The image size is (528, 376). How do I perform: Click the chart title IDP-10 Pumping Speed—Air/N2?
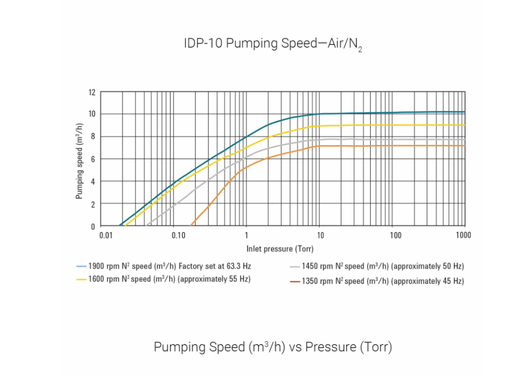273,44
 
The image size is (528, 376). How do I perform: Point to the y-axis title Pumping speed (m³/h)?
80,159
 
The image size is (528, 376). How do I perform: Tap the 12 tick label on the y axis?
92,92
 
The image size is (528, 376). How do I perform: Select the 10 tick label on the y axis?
92,114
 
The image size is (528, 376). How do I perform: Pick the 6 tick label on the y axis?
94,159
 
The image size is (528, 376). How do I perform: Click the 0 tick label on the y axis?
94,226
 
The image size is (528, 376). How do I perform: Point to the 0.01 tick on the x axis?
106,235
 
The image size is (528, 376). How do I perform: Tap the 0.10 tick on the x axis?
178,235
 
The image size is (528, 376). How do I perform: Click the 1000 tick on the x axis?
463,235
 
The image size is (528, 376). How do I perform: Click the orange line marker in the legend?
295,281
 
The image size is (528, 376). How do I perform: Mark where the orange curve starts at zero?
191,225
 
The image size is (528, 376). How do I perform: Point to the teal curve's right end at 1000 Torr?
464,112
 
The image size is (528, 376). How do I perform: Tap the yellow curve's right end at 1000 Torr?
464,125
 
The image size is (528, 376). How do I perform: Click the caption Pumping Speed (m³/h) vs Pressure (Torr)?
273,347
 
